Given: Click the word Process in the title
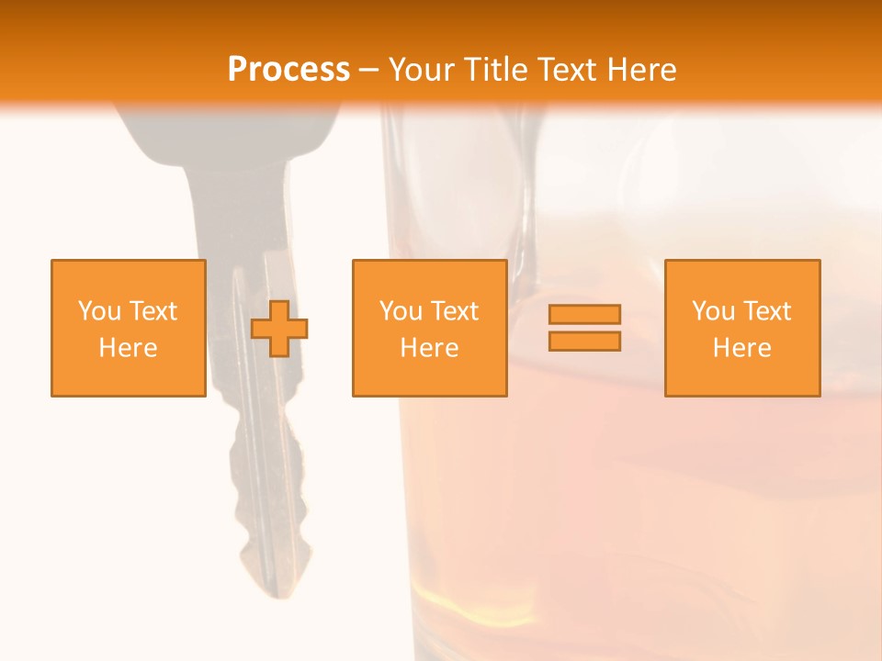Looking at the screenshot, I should pyautogui.click(x=288, y=70).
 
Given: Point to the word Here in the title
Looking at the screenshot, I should pyautogui.click(x=642, y=70).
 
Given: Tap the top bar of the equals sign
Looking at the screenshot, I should pyautogui.click(x=584, y=314).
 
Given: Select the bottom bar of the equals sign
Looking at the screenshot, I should pyautogui.click(x=584, y=341).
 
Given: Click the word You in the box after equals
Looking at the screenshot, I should pyautogui.click(x=712, y=311).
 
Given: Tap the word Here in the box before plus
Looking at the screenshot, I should pyautogui.click(x=129, y=348).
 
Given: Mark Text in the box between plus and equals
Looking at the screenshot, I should pyautogui.click(x=455, y=311).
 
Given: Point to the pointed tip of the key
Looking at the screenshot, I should pyautogui.click(x=272, y=593).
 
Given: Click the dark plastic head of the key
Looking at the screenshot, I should pyautogui.click(x=230, y=129).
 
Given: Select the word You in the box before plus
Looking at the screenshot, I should pyautogui.click(x=98, y=311).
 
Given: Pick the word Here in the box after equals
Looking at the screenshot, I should pyautogui.click(x=742, y=348).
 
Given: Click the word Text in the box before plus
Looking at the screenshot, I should pyautogui.click(x=153, y=311).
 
